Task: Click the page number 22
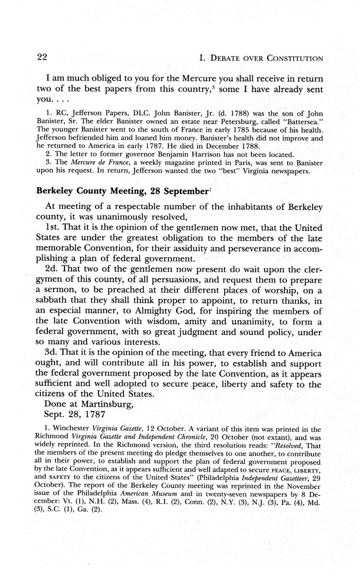(42, 58)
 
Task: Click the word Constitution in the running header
(294, 58)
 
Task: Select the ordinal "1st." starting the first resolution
(53, 228)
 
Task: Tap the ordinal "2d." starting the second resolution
(52, 270)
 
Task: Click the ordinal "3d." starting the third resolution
(52, 353)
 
